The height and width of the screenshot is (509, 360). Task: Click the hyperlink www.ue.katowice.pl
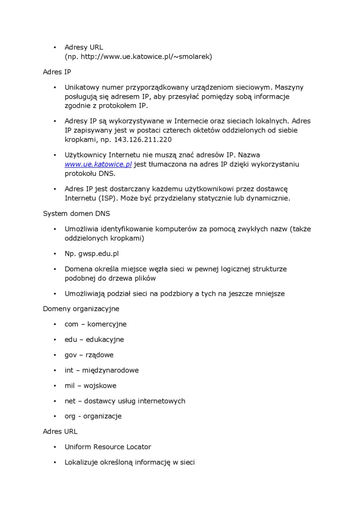(98, 164)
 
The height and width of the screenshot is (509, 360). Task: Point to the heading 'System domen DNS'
(76, 214)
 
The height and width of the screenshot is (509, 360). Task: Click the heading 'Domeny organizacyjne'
(81, 309)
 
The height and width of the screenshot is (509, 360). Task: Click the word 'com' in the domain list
(72, 324)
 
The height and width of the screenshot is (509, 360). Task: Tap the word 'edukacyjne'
(105, 339)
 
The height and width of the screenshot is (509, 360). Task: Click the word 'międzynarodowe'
(110, 370)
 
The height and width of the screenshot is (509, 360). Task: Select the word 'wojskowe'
(100, 385)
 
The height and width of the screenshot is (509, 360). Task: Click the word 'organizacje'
(102, 416)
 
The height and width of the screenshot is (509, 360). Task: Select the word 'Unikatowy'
(81, 88)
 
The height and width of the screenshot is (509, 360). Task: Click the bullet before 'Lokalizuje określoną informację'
(55, 462)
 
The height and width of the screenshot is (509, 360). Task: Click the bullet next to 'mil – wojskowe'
(55, 385)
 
